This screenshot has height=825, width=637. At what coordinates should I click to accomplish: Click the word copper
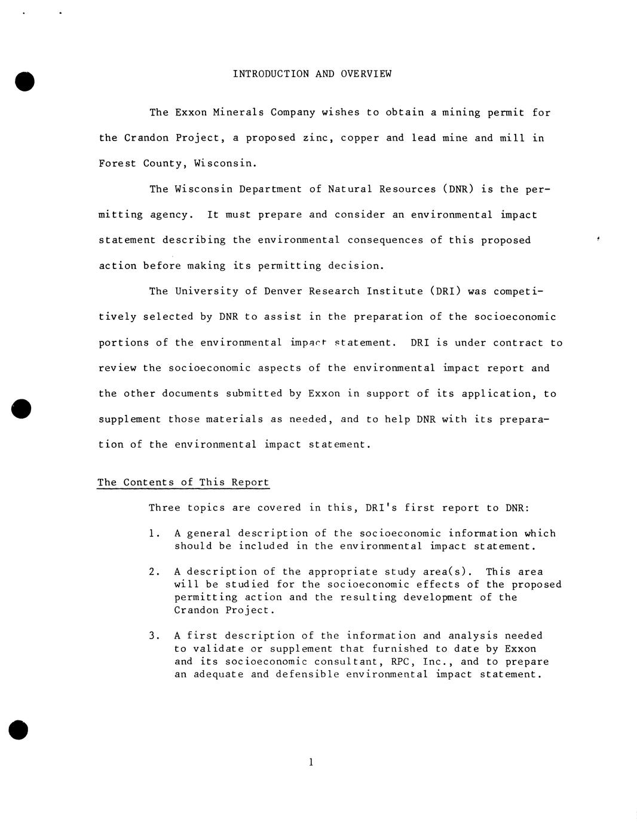click(x=360, y=138)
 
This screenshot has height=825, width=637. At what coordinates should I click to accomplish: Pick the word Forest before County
click(x=118, y=163)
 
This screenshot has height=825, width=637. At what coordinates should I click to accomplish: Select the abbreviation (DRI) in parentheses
click(x=445, y=291)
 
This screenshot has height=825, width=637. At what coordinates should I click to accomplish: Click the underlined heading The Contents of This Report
click(x=183, y=482)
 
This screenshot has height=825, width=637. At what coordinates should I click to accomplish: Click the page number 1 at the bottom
click(x=311, y=762)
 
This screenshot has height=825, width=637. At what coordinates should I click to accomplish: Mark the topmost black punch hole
click(x=24, y=81)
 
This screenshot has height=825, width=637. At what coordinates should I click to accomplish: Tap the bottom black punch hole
click(x=19, y=729)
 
